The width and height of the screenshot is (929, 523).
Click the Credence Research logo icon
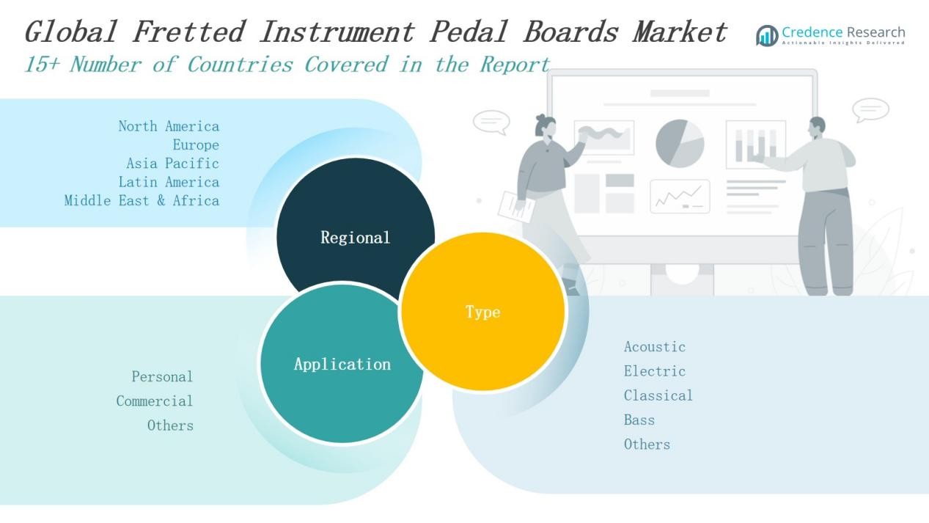click(767, 36)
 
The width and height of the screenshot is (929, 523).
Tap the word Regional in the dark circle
click(356, 238)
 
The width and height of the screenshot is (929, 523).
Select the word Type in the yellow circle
click(482, 312)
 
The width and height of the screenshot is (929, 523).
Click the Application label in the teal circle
click(342, 364)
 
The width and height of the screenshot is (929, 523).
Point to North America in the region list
click(169, 126)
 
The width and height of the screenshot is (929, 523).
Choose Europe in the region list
click(196, 145)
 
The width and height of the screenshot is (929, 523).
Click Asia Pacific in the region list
click(172, 164)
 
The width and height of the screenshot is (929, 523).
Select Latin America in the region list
click(169, 182)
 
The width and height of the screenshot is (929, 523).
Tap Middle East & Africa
click(142, 201)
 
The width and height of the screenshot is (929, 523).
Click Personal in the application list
click(162, 376)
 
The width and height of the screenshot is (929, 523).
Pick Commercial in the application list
click(155, 401)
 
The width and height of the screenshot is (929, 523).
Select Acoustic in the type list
click(655, 347)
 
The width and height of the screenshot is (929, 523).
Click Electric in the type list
click(655, 371)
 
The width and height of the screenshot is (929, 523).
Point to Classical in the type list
click(658, 395)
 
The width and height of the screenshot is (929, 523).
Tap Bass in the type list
click(639, 420)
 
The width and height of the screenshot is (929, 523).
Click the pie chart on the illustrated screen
click(680, 144)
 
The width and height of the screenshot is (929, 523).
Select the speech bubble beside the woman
click(492, 122)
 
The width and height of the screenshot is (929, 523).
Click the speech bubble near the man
click(870, 110)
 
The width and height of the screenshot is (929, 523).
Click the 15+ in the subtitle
click(43, 65)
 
